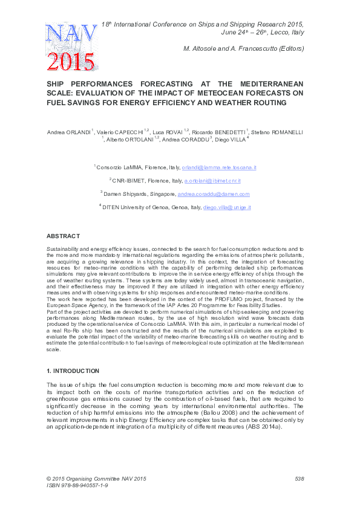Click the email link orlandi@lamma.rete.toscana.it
pyautogui.click(x=222, y=167)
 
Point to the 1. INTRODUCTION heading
pyautogui.click(x=74, y=370)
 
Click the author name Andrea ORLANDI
pyautogui.click(x=70, y=131)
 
